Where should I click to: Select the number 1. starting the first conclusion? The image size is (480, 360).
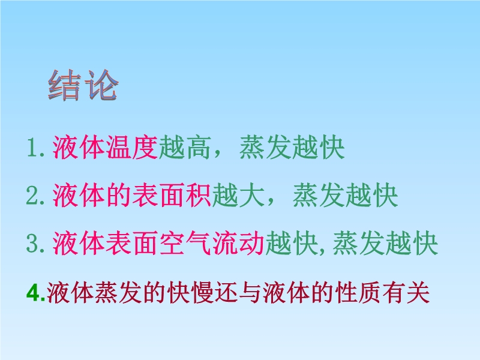tap(36, 148)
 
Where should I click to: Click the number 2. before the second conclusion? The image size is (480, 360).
tap(35, 196)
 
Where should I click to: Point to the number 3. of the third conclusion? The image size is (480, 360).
tap(35, 244)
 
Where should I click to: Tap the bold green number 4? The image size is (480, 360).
tap(36, 293)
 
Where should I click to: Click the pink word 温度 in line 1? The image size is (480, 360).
tap(132, 148)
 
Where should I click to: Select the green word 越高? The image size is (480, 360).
tap(185, 148)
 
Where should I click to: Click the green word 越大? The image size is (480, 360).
tap(238, 196)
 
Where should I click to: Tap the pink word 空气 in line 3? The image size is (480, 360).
tap(185, 244)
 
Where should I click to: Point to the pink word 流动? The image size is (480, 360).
tap(238, 244)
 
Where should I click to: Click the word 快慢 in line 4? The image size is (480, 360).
tap(190, 293)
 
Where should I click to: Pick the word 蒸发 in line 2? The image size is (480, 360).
tap(319, 196)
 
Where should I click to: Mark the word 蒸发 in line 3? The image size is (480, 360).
tap(358, 244)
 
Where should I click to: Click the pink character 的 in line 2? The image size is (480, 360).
tap(119, 196)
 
